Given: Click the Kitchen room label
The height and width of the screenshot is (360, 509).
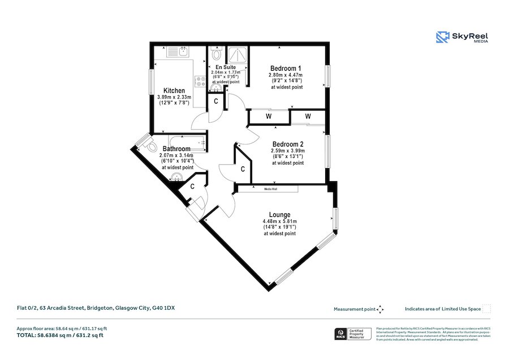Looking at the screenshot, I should [x=174, y=91].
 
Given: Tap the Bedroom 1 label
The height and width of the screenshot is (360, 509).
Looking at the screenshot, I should [x=286, y=68].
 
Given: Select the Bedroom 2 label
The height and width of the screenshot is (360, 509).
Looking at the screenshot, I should [x=287, y=144].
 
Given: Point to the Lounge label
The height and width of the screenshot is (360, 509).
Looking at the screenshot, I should [x=279, y=215].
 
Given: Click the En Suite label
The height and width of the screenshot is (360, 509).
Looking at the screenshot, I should [x=226, y=67].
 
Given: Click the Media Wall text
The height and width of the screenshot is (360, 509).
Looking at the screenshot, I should [x=270, y=188].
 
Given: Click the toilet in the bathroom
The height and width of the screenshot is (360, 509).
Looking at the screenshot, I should [x=150, y=145].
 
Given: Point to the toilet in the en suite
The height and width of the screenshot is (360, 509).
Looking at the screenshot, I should [x=216, y=55].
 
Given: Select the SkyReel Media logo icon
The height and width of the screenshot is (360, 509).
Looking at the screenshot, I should [x=442, y=37].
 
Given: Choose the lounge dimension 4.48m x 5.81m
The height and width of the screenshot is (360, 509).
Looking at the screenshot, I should [x=279, y=221].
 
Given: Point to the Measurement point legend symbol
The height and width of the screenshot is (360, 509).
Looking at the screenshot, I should [x=380, y=309].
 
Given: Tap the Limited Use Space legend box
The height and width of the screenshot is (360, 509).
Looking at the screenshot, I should [x=486, y=309].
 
